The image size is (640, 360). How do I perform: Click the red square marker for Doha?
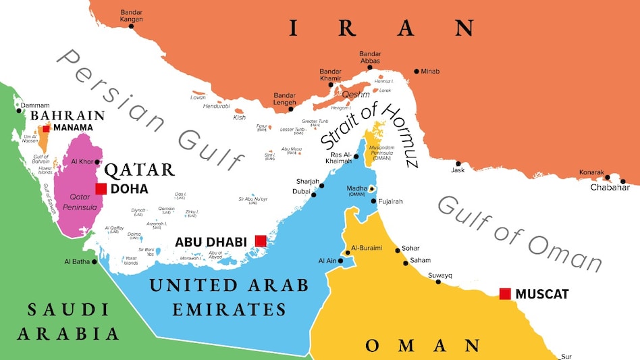tap(101, 189)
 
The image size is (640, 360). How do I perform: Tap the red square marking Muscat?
tap(504, 293)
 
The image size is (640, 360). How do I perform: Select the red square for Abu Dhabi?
tap(260, 240)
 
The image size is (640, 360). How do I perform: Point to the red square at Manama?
tap(46, 128)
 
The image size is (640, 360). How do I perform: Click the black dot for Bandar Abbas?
tap(369, 71)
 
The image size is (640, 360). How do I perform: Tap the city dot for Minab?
tap(417, 71)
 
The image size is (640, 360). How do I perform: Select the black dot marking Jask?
tap(458, 163)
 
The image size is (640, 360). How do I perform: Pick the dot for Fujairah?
tap(374, 201)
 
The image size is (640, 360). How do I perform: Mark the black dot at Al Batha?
tap(94, 261)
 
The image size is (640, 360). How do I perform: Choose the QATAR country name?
tap(140, 169)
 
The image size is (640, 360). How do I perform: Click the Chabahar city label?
tap(610, 188)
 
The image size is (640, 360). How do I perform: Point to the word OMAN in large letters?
tap(422, 346)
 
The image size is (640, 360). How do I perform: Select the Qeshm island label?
tap(355, 95)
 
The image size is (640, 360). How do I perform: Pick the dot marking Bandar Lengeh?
tap(291, 109)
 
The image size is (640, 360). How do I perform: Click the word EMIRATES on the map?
tap(229, 310)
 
